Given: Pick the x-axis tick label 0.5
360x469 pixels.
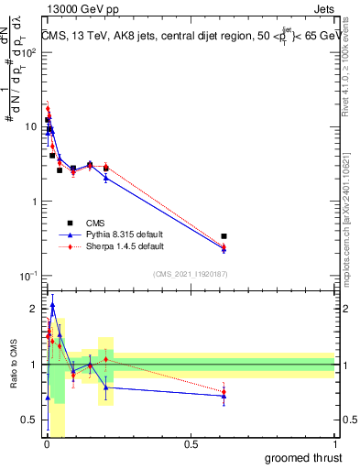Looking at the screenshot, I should [191, 444].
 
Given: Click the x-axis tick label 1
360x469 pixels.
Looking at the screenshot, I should [335, 444].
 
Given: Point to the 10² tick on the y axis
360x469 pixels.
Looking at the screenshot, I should [29, 52].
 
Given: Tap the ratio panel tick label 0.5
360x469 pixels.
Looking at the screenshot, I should [29, 420].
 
